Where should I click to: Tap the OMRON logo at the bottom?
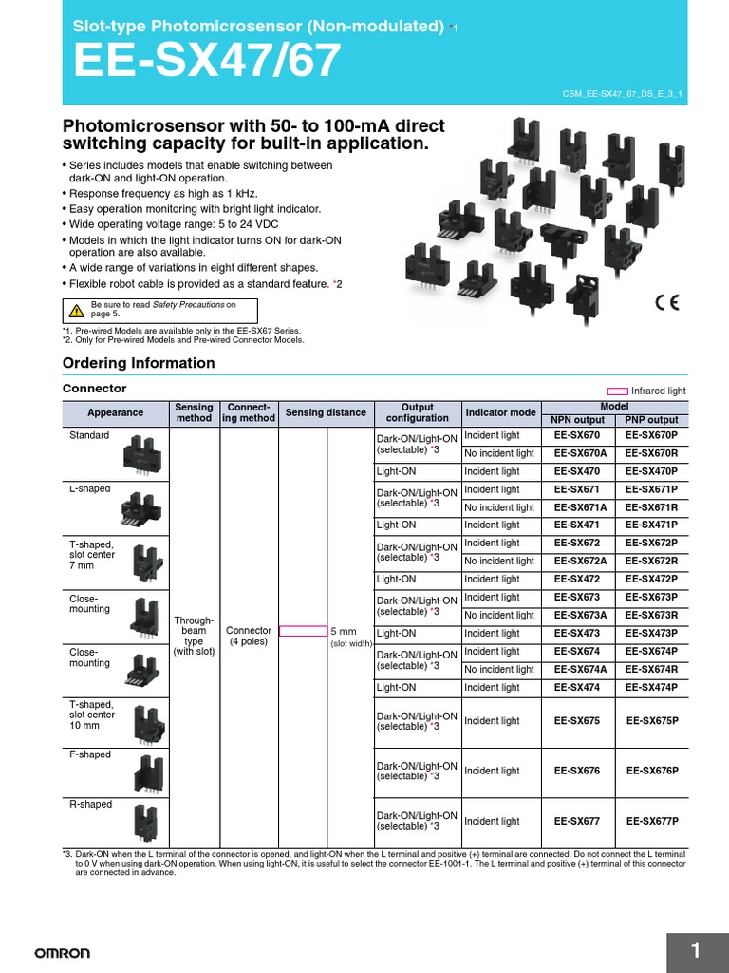(63, 953)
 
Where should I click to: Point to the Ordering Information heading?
(139, 363)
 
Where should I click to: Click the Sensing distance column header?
(326, 412)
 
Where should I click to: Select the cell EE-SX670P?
(652, 435)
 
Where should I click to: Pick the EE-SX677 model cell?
(577, 821)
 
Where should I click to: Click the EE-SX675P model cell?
(652, 721)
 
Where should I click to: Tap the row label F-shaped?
(90, 754)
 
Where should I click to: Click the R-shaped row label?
(90, 804)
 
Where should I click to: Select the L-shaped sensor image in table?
(139, 508)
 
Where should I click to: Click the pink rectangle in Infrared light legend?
(617, 391)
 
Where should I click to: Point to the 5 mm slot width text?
(343, 631)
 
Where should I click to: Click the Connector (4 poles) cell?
(249, 636)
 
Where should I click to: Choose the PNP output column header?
(652, 420)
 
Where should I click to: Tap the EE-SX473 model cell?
(577, 633)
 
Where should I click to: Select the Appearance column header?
(115, 412)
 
